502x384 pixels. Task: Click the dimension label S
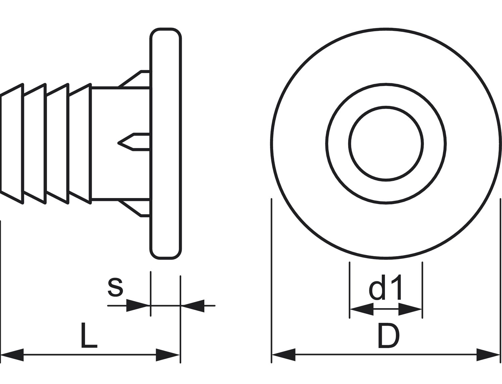point(115,287)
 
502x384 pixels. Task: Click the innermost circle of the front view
point(386,144)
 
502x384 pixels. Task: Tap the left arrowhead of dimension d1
point(362,309)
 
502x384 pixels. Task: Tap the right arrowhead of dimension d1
point(410,309)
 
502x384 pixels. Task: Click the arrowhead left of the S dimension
point(138,305)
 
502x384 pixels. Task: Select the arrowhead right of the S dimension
point(193,306)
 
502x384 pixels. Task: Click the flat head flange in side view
point(166,144)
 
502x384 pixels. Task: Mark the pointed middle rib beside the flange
point(134,142)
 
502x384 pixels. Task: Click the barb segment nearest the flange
point(80,144)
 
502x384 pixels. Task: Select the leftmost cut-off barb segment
point(12,144)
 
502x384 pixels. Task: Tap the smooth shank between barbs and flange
point(121,144)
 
